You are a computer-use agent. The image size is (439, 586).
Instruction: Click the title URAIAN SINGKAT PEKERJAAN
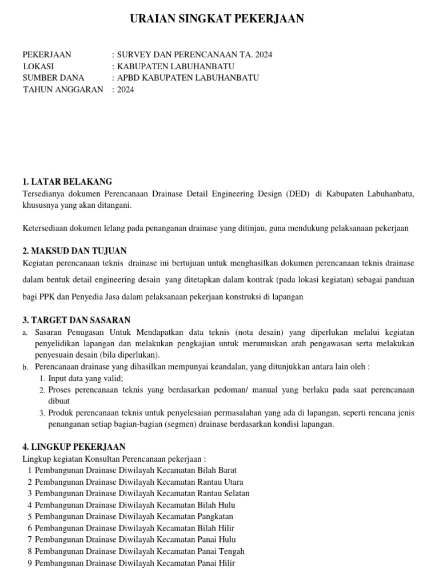[217, 19]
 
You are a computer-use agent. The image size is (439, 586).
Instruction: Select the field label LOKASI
[38, 66]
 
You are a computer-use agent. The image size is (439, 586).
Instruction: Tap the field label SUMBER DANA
[53, 78]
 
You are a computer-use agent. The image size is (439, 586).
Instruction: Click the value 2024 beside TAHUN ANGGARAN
[126, 89]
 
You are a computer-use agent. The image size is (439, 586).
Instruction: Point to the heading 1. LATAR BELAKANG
[67, 182]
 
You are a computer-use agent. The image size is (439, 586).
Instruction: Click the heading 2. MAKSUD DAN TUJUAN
[74, 251]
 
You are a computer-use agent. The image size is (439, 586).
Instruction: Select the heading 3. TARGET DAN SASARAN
[76, 320]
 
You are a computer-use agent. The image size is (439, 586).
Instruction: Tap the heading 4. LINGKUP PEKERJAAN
[74, 446]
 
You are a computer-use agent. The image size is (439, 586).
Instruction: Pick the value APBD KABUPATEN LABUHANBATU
[188, 78]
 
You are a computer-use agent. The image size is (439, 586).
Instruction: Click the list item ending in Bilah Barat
[135, 470]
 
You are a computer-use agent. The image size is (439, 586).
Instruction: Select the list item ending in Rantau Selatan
[142, 493]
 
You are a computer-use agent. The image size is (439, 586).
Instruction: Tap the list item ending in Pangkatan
[134, 516]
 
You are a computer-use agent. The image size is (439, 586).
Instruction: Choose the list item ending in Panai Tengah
[139, 551]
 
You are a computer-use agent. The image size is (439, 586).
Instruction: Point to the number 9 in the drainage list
[29, 563]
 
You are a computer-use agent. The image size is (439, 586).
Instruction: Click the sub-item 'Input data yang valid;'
[86, 378]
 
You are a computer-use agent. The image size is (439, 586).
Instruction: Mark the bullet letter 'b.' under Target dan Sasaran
[26, 367]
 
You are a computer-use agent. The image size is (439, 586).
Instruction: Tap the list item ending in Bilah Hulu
[135, 505]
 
